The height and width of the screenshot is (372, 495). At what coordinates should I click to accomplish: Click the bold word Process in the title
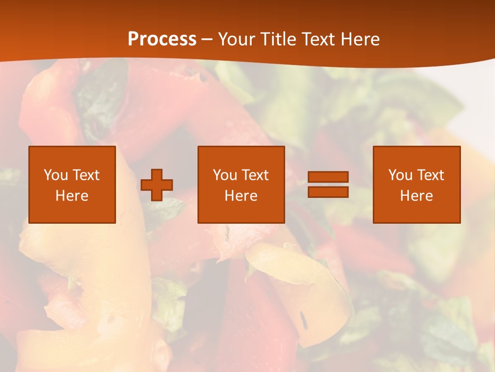coord(162,39)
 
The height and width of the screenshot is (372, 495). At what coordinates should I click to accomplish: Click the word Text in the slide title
coord(317,39)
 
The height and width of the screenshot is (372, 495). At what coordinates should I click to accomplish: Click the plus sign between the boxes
coord(157,185)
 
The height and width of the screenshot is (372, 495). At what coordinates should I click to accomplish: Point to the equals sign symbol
coord(328,184)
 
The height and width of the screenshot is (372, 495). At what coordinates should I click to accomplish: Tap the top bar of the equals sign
coord(328,177)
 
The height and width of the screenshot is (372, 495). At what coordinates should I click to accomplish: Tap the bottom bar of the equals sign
coord(328,192)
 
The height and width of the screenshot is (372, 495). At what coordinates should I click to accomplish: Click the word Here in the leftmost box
coord(72,196)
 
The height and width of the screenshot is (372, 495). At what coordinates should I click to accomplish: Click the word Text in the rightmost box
coord(430,175)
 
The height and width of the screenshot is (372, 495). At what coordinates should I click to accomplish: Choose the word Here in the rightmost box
coord(416,196)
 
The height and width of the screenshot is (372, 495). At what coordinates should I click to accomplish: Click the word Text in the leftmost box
coord(86,175)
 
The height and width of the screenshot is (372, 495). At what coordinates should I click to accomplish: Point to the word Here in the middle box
coord(241,196)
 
